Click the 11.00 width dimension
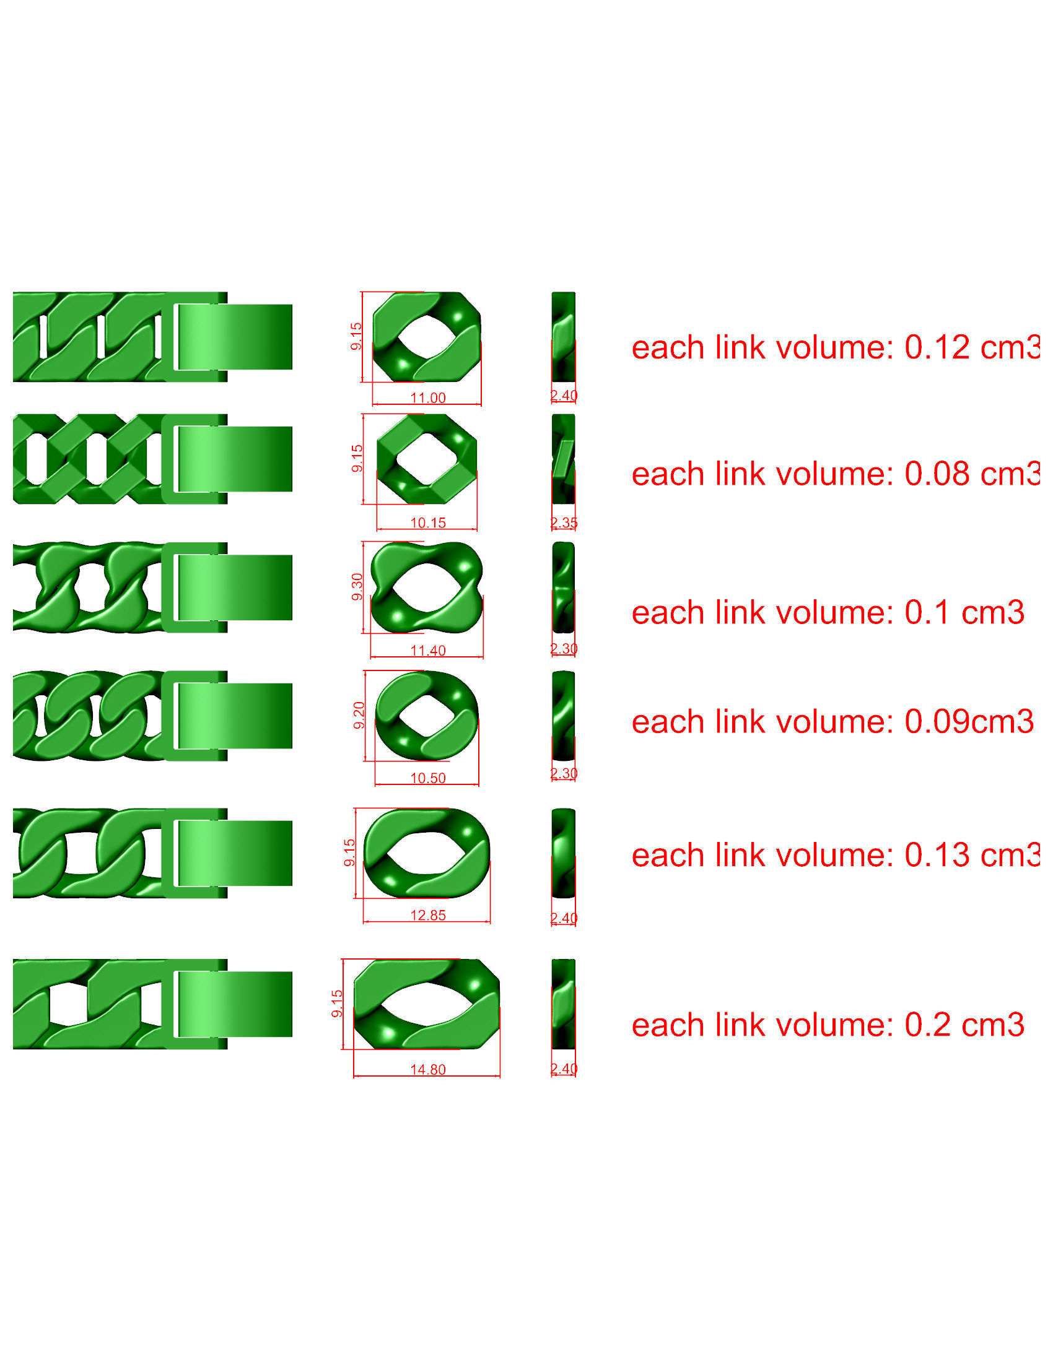pos(427,397)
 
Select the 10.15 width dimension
pos(427,523)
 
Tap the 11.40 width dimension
pos(427,651)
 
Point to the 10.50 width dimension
pos(427,778)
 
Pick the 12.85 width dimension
pos(427,915)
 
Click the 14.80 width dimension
pos(427,1069)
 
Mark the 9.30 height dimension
pos(357,587)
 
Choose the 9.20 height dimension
pos(359,714)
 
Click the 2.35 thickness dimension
pos(564,523)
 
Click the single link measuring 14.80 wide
pos(427,1004)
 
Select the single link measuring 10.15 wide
pos(427,459)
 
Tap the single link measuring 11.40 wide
pos(427,587)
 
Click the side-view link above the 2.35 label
pos(563,459)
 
